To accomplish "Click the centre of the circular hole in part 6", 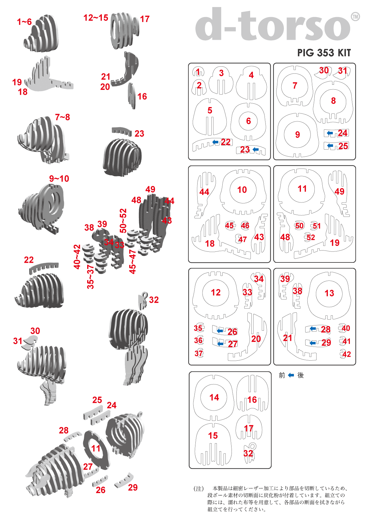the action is click(x=248, y=121).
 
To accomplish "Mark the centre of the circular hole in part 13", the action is click(x=329, y=293).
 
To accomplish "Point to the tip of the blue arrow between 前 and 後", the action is click(x=288, y=375).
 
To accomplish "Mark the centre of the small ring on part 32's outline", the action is click(x=253, y=446).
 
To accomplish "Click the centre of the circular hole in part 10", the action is click(x=243, y=190).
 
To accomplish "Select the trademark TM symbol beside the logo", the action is click(x=355, y=17).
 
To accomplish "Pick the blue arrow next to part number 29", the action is click(x=313, y=343).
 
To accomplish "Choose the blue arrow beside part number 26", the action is click(x=220, y=331).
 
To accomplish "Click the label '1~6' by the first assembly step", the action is click(x=24, y=22).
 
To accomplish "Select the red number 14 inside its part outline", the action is click(x=214, y=397).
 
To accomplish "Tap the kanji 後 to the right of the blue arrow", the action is click(x=300, y=375).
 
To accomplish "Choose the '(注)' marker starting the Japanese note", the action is click(x=199, y=489).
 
